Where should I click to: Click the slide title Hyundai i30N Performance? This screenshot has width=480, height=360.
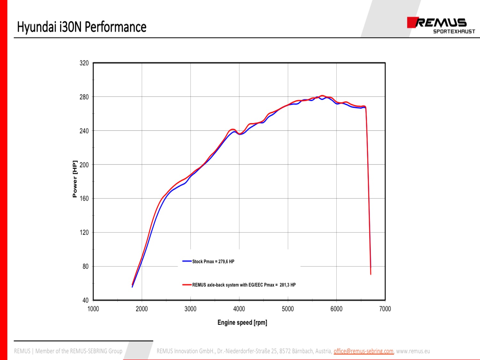coord(82,27)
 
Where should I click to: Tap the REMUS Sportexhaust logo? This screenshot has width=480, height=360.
coord(441,25)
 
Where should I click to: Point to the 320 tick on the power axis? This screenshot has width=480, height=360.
coord(84,63)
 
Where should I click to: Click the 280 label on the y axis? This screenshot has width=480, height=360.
coord(84,97)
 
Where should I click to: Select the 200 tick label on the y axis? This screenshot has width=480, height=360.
coord(84,165)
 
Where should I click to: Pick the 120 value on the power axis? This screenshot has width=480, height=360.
coord(84,233)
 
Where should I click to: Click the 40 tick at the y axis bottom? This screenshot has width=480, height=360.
coord(85,300)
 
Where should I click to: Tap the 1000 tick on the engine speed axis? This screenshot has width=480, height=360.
coord(93,309)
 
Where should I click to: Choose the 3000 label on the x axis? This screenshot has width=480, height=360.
coord(190,309)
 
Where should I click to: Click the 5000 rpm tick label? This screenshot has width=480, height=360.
coord(288,309)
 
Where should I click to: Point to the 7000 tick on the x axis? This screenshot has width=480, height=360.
coord(385,309)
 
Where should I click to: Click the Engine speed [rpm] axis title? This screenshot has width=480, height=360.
coord(242,323)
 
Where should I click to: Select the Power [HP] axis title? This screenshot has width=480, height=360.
coord(75,179)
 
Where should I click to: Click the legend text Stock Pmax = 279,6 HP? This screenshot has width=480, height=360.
coord(213,261)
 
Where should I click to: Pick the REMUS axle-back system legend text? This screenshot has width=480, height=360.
coord(244,285)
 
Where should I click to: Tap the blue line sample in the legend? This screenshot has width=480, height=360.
coord(187,261)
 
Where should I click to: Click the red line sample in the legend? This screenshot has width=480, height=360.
coord(187,284)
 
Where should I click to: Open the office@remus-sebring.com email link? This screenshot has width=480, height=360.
coord(364,351)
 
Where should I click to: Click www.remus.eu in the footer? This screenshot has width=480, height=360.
coord(413,351)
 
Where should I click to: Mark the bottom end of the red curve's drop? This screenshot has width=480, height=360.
coord(371,274)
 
